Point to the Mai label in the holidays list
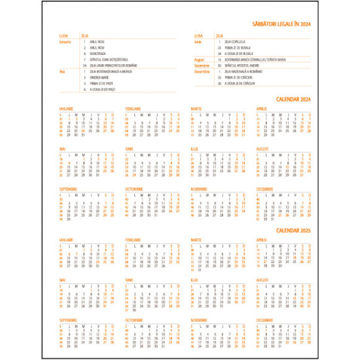[62, 71]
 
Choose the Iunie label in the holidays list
[199, 42]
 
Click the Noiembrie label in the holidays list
[202, 65]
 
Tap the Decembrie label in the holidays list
[202, 71]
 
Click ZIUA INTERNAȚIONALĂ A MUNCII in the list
[111, 71]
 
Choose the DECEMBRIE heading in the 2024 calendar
[265, 189]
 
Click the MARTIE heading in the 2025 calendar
[196, 240]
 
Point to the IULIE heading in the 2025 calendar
[194, 280]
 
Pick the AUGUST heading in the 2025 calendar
[264, 280]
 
